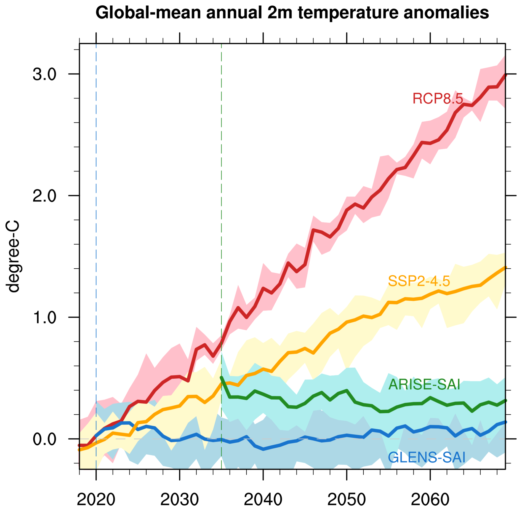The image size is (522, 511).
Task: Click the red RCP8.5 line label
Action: tap(437, 98)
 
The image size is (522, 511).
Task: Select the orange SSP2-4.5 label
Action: tap(419, 281)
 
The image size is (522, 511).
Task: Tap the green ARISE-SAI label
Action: tap(424, 384)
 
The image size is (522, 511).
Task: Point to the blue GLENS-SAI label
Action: tap(426, 458)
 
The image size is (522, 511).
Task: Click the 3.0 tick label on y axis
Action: tap(44, 74)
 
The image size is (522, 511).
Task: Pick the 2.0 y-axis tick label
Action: tap(44, 196)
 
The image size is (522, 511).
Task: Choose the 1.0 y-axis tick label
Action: tap(44, 318)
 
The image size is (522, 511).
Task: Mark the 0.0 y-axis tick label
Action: tap(44, 439)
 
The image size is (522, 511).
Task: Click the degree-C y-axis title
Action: tap(13, 256)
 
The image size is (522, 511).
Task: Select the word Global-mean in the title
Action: tap(148, 13)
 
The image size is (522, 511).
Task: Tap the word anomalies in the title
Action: tap(446, 13)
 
